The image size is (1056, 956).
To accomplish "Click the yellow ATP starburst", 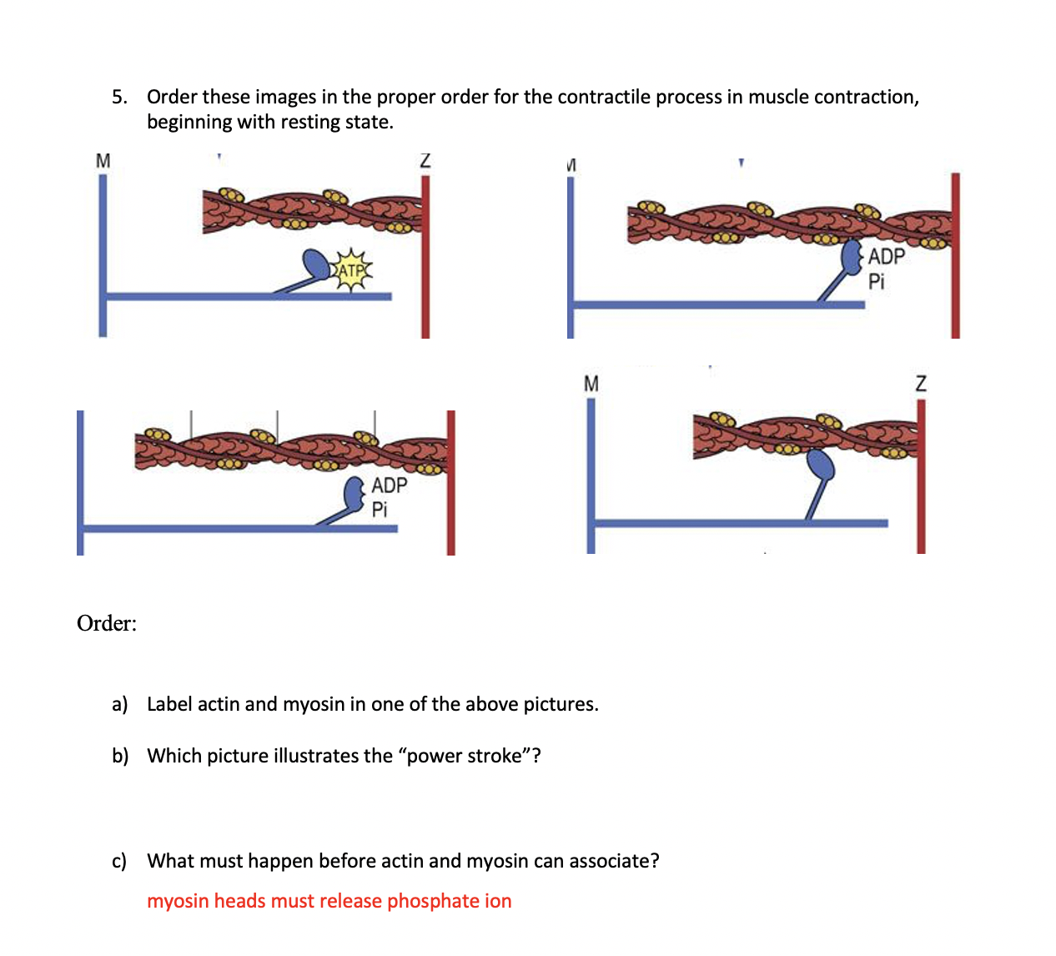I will click(x=352, y=269).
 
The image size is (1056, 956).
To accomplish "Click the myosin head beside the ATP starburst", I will click(x=317, y=264).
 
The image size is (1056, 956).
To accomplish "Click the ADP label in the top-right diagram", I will click(x=886, y=257).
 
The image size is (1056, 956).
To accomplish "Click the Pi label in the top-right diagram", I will click(x=876, y=281).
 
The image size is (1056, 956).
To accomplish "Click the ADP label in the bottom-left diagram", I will click(x=390, y=486).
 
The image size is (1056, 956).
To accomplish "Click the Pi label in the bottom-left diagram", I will click(x=380, y=510).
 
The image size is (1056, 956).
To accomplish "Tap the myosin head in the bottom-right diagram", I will click(x=821, y=464).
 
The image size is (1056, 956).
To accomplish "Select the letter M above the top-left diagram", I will click(x=103, y=161).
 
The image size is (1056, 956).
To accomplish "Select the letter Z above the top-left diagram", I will click(x=425, y=161).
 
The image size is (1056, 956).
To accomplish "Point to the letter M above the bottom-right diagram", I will click(x=591, y=384).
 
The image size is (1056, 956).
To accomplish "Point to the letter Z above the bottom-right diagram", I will click(x=921, y=384).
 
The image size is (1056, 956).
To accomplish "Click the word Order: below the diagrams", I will click(x=107, y=623).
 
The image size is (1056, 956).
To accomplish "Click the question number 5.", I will click(x=119, y=97).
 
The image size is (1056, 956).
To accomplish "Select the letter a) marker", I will click(x=119, y=704).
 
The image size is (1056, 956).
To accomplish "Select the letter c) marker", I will click(x=119, y=861).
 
